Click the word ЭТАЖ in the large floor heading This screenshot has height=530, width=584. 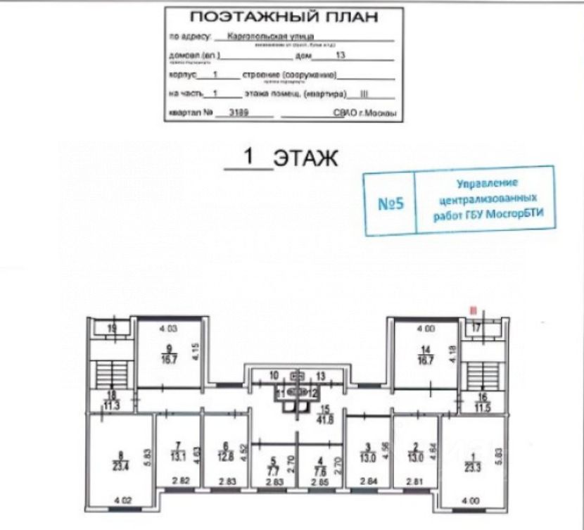tap(305, 157)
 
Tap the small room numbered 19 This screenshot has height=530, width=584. tap(112, 328)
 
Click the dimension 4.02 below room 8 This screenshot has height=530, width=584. tap(124, 500)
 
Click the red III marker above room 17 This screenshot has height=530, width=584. tap(475, 308)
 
